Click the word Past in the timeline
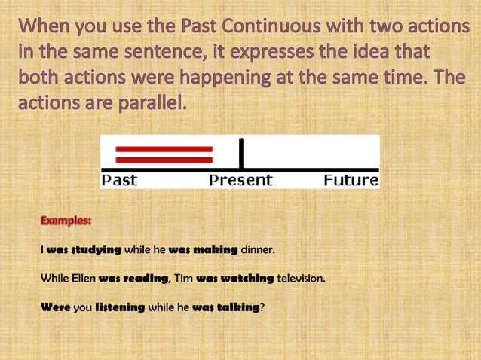pyautogui.click(x=119, y=180)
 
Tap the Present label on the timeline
pyautogui.click(x=240, y=180)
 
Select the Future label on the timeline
pyautogui.click(x=351, y=180)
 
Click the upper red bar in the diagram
pyautogui.click(x=164, y=149)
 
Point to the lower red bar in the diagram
pyautogui.click(x=164, y=159)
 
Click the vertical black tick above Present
pyautogui.click(x=240, y=153)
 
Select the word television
pyautogui.click(x=301, y=279)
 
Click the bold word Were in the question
pyautogui.click(x=55, y=307)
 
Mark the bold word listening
pyautogui.click(x=119, y=307)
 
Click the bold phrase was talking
pyautogui.click(x=226, y=307)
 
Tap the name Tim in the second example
pyautogui.click(x=183, y=279)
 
